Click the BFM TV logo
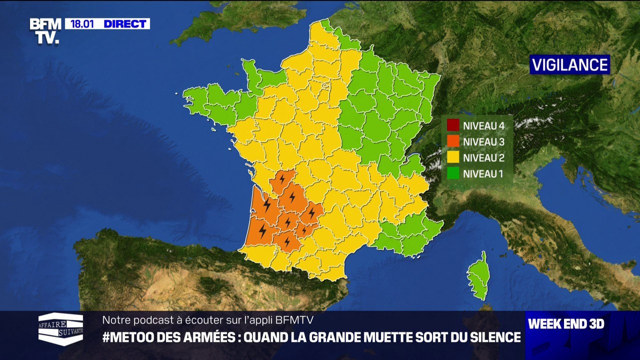[x=45, y=30]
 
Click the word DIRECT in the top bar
[x=125, y=24]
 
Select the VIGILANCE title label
[x=569, y=65]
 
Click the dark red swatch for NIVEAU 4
[x=453, y=125]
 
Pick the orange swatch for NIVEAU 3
[x=453, y=142]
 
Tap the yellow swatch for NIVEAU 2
[x=453, y=158]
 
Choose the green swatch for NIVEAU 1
[x=453, y=174]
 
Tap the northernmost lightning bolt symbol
[x=282, y=178]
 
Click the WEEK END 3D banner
[x=566, y=324]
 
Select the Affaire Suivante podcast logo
[x=61, y=328]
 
